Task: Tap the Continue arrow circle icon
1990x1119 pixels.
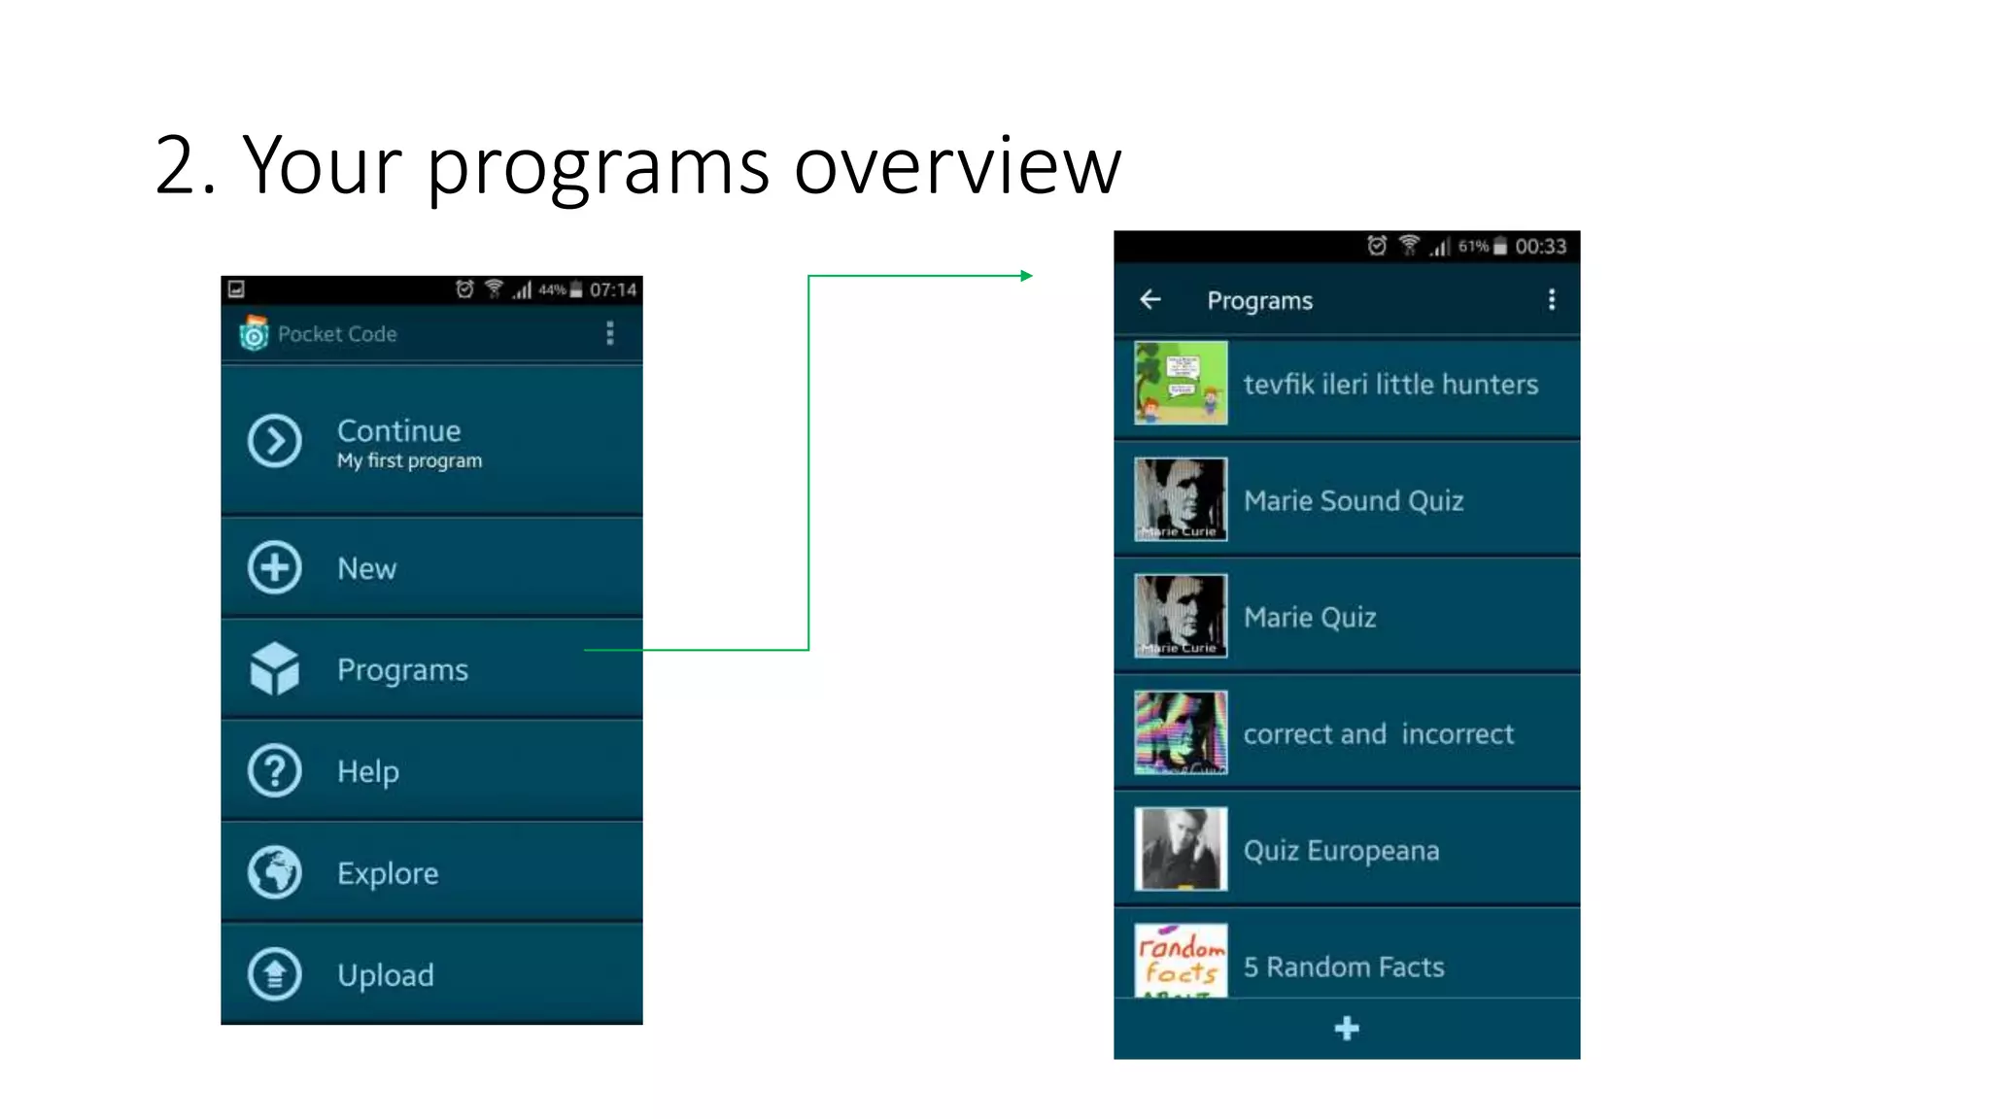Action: (x=275, y=442)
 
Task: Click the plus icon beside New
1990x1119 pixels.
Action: (x=275, y=567)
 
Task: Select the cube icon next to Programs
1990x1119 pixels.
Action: (x=275, y=669)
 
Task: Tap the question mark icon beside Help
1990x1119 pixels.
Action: (x=275, y=771)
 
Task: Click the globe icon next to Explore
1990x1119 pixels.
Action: (x=275, y=872)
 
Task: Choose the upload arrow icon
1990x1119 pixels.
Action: (x=275, y=973)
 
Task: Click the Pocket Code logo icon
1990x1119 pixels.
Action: (x=255, y=333)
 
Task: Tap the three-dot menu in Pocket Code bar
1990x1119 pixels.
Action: (x=610, y=333)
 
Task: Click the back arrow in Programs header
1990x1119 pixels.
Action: (x=1150, y=300)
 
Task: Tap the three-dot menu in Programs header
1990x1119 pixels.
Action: (x=1552, y=300)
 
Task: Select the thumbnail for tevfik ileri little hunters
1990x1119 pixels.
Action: (x=1181, y=383)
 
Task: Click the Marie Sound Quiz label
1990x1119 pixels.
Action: (x=1354, y=501)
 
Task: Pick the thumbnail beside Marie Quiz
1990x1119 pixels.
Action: (x=1181, y=616)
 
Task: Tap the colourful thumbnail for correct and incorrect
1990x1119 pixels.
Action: (x=1181, y=732)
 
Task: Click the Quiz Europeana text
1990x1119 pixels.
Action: (x=1341, y=851)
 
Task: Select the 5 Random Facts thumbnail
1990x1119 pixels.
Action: (x=1181, y=961)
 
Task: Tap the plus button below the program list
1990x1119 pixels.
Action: (x=1347, y=1029)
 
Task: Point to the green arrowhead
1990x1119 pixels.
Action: (x=1026, y=276)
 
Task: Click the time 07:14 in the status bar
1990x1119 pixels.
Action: (x=613, y=289)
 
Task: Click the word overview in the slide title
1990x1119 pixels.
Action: (x=957, y=165)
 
